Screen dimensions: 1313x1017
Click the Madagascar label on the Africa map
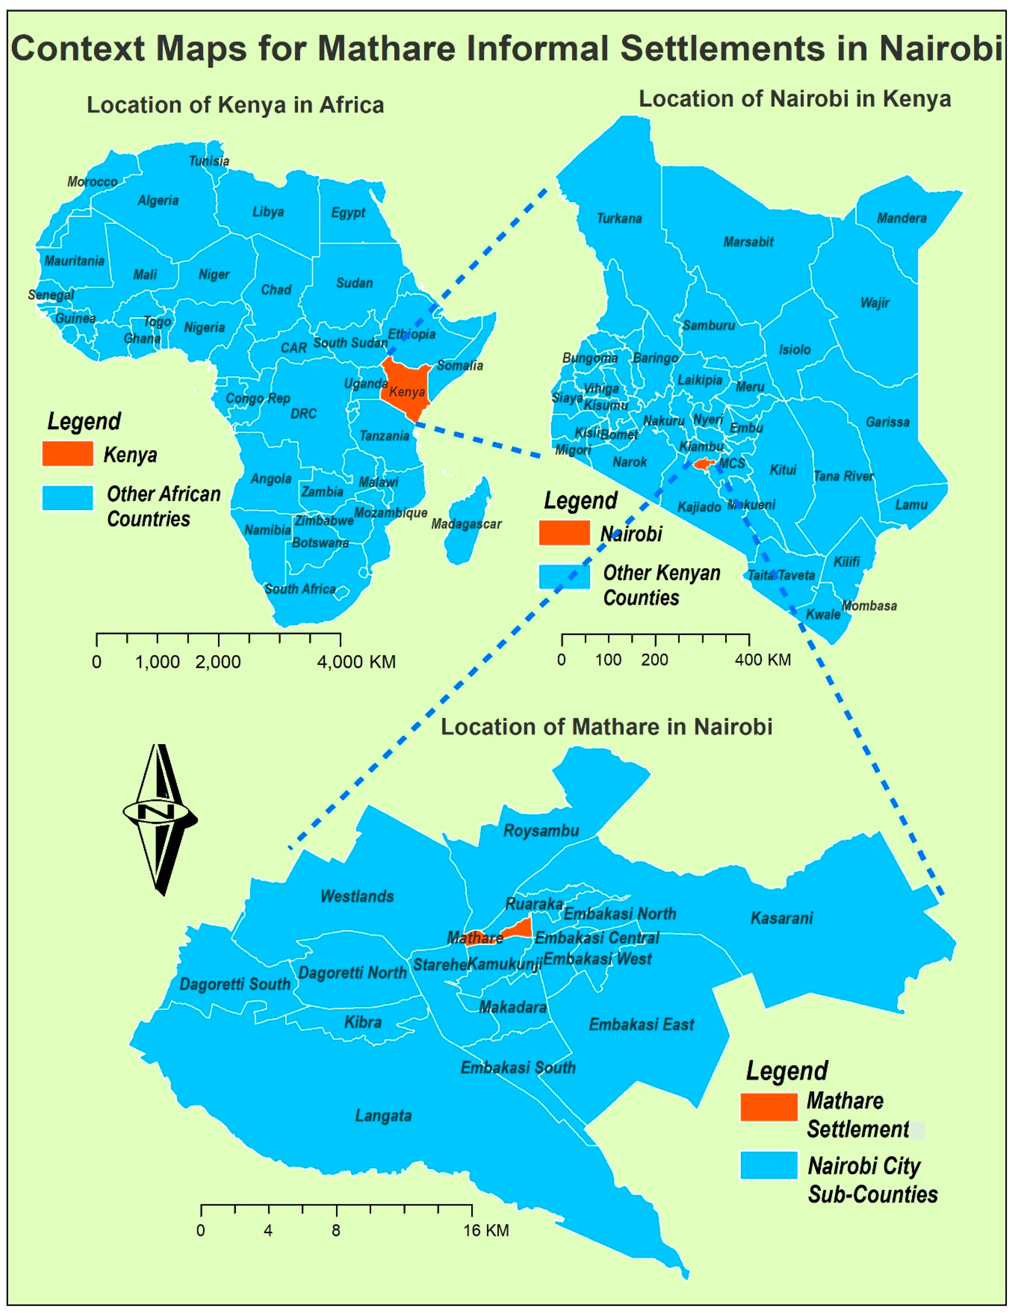tap(466, 524)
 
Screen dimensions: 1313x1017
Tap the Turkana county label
tap(619, 218)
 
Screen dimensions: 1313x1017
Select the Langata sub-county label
tap(383, 1116)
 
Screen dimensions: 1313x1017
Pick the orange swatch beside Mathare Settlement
tap(769, 1107)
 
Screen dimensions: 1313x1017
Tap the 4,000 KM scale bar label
tap(356, 662)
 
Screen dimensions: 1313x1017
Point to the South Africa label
tap(300, 589)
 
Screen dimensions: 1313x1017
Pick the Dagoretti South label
tap(235, 984)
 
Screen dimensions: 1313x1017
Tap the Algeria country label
tap(158, 200)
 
